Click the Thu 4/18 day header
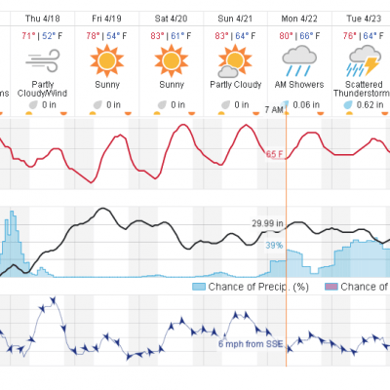coord(43,19)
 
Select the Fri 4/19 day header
coord(106,19)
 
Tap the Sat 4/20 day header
coord(171,19)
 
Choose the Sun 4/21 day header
coord(235,19)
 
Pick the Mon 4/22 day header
coord(299,19)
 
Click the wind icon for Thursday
coord(43,60)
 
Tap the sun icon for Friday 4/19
coord(107,60)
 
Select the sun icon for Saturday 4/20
coord(172,60)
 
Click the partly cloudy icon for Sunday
coord(235,61)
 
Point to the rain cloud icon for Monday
coord(299,60)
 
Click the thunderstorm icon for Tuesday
coord(364,60)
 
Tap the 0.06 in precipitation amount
coord(306,104)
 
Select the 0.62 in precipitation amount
coord(370,104)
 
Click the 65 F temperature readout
coord(274,154)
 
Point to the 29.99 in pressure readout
coord(267,223)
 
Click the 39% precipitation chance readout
coord(274,246)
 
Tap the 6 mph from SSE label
coord(251,344)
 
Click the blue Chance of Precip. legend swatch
coord(199,287)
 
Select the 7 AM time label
coord(274,110)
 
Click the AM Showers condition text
coord(299,85)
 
